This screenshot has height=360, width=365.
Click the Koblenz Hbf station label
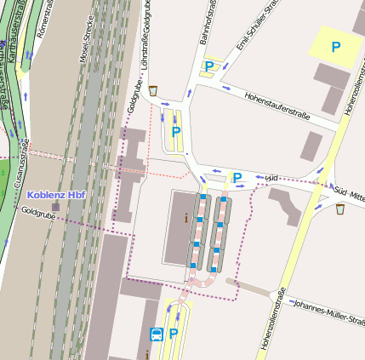point(56,194)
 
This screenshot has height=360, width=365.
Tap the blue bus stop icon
point(156,334)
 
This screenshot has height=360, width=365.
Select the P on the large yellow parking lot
point(336,48)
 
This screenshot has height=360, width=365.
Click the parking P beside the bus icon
point(174,334)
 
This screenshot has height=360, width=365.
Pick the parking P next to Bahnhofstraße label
point(208,66)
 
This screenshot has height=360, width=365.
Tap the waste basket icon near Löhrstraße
point(153,90)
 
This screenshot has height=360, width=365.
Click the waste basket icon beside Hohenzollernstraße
point(339,209)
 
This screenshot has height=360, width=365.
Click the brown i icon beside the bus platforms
point(186,217)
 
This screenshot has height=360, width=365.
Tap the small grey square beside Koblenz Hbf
point(56,207)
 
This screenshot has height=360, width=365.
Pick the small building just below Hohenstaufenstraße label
point(311,146)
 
